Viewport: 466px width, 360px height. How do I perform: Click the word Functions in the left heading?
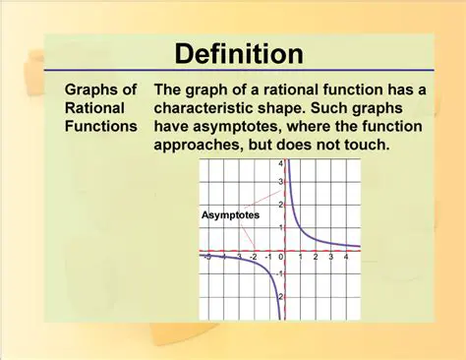[101, 127]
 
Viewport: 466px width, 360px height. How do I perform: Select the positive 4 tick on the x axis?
[347, 259]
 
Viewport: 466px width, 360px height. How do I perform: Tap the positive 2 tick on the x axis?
[315, 259]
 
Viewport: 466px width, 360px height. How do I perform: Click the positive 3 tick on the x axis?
[331, 259]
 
